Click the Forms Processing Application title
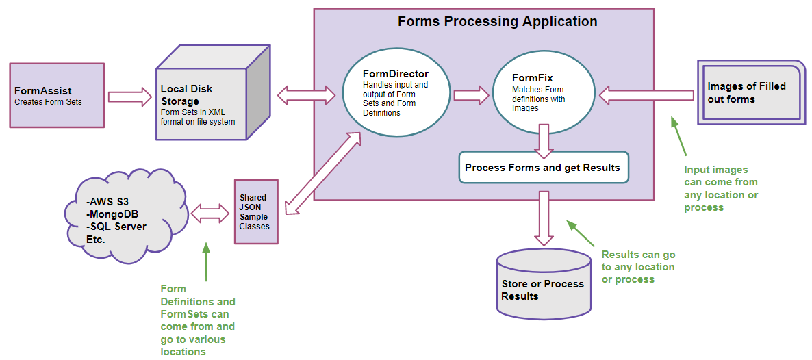(x=498, y=22)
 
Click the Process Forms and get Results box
(x=544, y=168)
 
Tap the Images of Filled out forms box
(x=752, y=92)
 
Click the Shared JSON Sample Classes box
(x=256, y=212)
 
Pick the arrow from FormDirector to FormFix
(x=472, y=95)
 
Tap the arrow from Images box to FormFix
(x=646, y=95)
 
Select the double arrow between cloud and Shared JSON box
(x=210, y=212)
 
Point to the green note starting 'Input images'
(x=721, y=188)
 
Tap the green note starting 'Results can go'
(x=639, y=268)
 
